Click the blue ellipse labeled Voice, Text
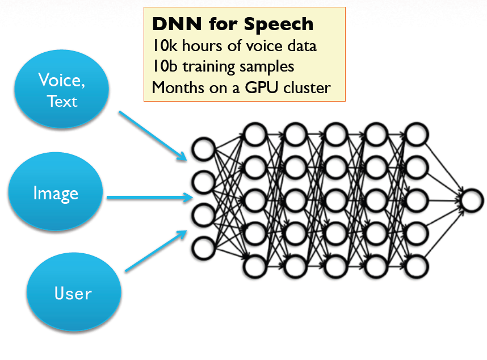61,89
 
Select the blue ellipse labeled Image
56,191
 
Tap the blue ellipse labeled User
74,292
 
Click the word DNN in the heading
177,24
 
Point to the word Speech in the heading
279,24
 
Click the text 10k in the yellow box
165,46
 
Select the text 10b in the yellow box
165,66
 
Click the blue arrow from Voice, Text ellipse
153,136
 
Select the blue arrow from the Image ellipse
150,197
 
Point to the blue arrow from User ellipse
156,251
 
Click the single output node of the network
472,200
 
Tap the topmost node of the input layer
203,149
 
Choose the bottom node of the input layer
203,248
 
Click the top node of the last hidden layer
416,135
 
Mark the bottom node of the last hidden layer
416,266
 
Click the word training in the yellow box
208,67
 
